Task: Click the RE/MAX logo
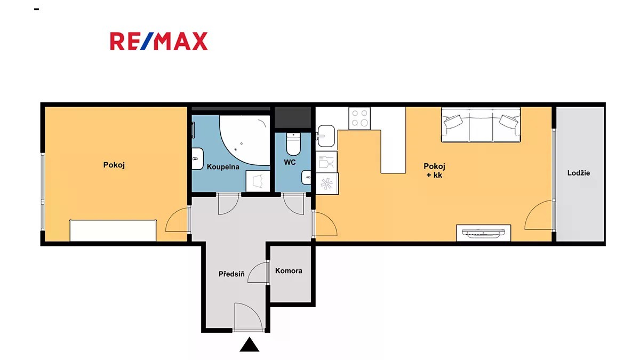[159, 42]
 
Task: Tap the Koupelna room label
[223, 167]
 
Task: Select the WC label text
[290, 162]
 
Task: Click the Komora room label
[289, 271]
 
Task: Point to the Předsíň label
[231, 274]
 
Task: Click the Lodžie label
[579, 173]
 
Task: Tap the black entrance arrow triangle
[250, 345]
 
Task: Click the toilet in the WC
[293, 144]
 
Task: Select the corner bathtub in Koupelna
[245, 140]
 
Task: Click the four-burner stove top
[359, 118]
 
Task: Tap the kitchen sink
[326, 136]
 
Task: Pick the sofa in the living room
[481, 125]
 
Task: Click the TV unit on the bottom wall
[483, 233]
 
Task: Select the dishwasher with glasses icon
[326, 162]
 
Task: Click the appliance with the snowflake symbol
[327, 183]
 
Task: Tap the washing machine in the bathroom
[258, 181]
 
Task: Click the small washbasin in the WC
[306, 178]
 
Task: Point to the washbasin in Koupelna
[197, 158]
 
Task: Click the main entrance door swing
[248, 317]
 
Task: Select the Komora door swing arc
[257, 273]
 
